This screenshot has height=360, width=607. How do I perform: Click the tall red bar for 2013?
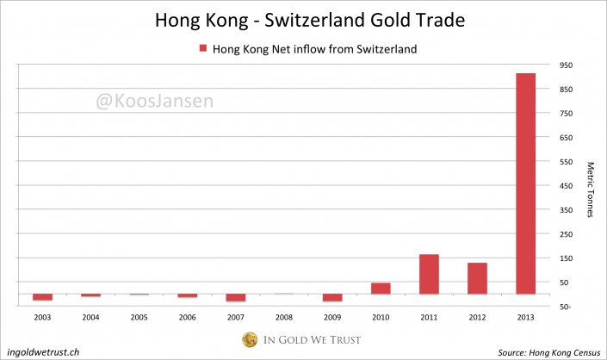[525, 183]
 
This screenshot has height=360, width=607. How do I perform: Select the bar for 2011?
[429, 274]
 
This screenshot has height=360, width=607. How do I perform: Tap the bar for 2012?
[477, 278]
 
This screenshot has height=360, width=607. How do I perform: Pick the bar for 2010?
[381, 289]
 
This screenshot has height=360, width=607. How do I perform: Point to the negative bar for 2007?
[236, 298]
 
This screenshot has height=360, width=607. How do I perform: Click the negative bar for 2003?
[43, 297]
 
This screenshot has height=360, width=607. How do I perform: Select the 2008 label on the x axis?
[284, 316]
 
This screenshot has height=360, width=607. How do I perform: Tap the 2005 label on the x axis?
[139, 316]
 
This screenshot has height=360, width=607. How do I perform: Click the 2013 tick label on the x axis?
[525, 316]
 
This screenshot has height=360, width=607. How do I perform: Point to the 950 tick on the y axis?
[565, 65]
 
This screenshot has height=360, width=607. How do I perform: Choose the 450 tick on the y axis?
[565, 186]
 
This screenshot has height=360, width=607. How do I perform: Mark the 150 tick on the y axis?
[565, 258]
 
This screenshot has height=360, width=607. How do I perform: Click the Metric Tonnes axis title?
[591, 189]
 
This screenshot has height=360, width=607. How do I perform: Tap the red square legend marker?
[203, 49]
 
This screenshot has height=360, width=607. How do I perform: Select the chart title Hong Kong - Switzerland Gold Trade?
[303, 19]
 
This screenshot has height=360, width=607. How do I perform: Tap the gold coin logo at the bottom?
[251, 340]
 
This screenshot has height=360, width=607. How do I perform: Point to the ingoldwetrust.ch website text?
[43, 351]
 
